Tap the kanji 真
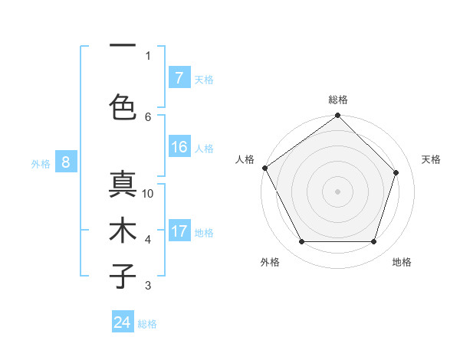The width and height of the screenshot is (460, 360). (x=123, y=185)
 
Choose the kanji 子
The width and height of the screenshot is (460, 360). (x=123, y=277)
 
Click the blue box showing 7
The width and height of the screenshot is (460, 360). (x=179, y=77)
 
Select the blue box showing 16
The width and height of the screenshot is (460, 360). (x=179, y=147)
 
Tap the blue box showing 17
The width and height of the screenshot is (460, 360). (x=179, y=231)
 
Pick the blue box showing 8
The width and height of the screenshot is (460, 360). (x=66, y=162)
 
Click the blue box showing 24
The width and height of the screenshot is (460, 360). (x=123, y=322)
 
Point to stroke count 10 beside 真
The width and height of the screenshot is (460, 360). (x=148, y=194)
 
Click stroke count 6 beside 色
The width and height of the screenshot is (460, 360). (x=148, y=116)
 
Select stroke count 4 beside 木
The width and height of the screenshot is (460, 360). (x=148, y=240)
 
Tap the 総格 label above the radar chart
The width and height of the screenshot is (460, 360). (x=338, y=100)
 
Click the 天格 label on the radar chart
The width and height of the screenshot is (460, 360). (x=431, y=159)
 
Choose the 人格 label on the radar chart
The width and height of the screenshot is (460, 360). (x=245, y=159)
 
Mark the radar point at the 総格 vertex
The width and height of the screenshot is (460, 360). (x=338, y=116)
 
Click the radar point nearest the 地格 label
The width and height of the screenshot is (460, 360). (x=374, y=242)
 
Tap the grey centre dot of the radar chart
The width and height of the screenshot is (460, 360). (x=338, y=191)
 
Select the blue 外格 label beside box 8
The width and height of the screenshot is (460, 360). (x=40, y=163)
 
